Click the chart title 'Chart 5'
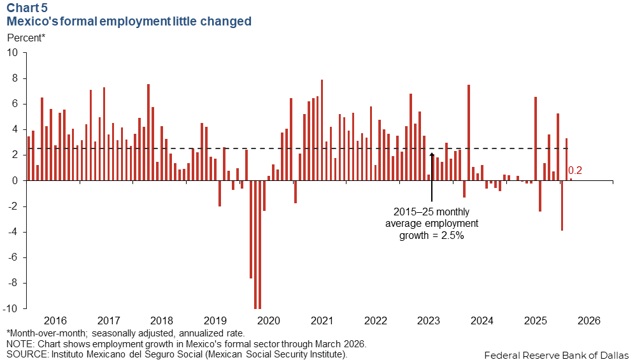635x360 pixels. (x=27, y=8)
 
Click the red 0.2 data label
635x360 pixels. (x=575, y=171)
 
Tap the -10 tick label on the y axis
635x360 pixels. (x=10, y=308)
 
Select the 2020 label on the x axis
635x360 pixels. (x=269, y=320)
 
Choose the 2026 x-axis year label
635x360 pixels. (x=589, y=320)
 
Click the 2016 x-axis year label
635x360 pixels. (x=55, y=320)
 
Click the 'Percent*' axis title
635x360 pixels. (x=26, y=38)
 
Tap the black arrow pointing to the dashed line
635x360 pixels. (x=432, y=177)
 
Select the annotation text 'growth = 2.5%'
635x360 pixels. (x=432, y=235)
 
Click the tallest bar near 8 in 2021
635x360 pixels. (x=322, y=130)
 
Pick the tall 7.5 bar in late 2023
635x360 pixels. (x=469, y=133)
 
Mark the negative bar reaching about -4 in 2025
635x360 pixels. (x=562, y=205)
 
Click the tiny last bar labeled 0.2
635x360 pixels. (x=571, y=180)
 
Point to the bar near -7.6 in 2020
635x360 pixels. (x=251, y=229)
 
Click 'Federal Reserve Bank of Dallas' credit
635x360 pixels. (x=557, y=355)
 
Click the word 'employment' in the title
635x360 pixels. (x=135, y=21)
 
